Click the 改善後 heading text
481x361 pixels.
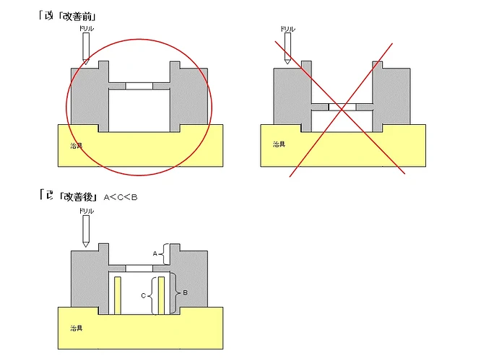pos(77,196)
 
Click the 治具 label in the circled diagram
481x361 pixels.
pos(75,144)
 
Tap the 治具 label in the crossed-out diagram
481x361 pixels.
pos(278,144)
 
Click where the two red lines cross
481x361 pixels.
pos(342,108)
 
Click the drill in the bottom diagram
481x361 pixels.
pos(85,231)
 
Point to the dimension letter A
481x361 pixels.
pos(155,253)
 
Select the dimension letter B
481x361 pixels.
pos(186,292)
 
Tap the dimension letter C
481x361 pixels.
pos(144,295)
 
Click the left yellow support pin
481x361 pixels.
pos(116,295)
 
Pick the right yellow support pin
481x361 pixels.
pos(162,295)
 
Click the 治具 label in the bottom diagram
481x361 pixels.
pos(75,329)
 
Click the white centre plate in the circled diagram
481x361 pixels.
pos(139,85)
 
